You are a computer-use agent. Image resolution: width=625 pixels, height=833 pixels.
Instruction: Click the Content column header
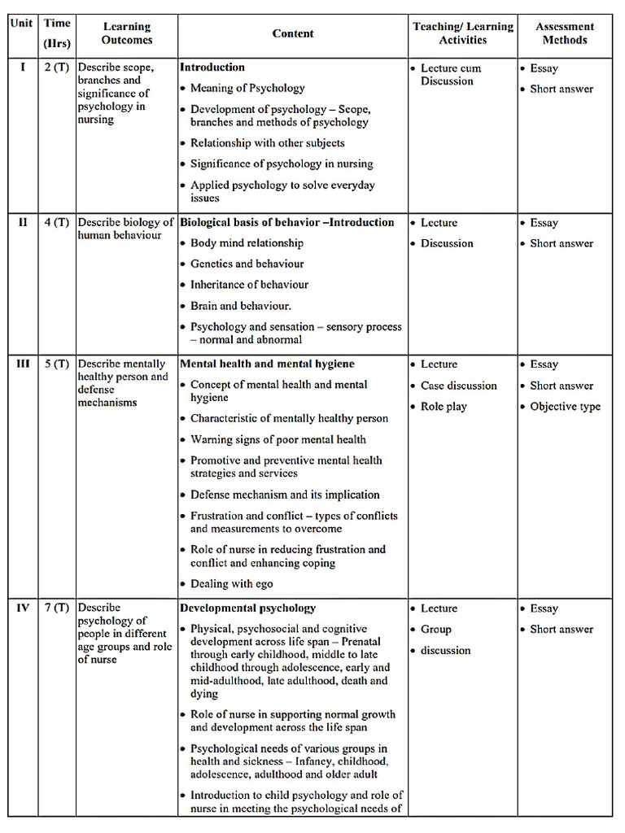293,33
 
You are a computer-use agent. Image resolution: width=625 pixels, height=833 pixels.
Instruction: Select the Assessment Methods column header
565,33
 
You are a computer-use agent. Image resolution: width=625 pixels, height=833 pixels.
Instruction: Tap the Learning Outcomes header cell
127,33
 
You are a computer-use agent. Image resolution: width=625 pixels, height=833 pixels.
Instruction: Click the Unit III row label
23,364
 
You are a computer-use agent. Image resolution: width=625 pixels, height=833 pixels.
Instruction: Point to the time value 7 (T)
57,608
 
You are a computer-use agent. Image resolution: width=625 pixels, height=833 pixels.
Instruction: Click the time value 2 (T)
57,68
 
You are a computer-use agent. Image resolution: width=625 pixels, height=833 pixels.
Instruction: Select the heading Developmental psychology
247,608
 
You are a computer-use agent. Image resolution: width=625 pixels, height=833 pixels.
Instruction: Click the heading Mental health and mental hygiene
267,364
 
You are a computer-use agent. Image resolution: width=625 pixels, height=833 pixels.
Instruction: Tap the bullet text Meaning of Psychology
247,88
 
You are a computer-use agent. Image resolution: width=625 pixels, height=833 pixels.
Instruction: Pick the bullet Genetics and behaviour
247,264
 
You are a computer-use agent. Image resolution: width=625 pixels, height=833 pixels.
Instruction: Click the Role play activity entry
444,406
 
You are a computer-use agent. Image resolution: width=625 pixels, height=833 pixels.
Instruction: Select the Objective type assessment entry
565,406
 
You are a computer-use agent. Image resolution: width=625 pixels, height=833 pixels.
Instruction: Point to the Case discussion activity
458,386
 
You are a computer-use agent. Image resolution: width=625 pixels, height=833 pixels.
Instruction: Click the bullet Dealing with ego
231,583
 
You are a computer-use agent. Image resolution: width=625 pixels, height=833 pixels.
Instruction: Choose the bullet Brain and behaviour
240,306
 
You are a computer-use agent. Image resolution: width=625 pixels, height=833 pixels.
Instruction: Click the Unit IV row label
23,608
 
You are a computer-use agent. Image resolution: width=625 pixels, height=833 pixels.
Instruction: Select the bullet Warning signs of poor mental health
278,439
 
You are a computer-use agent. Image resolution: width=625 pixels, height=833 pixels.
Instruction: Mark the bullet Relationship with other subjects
267,142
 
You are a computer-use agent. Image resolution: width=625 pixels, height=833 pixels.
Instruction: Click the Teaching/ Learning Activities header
463,33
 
